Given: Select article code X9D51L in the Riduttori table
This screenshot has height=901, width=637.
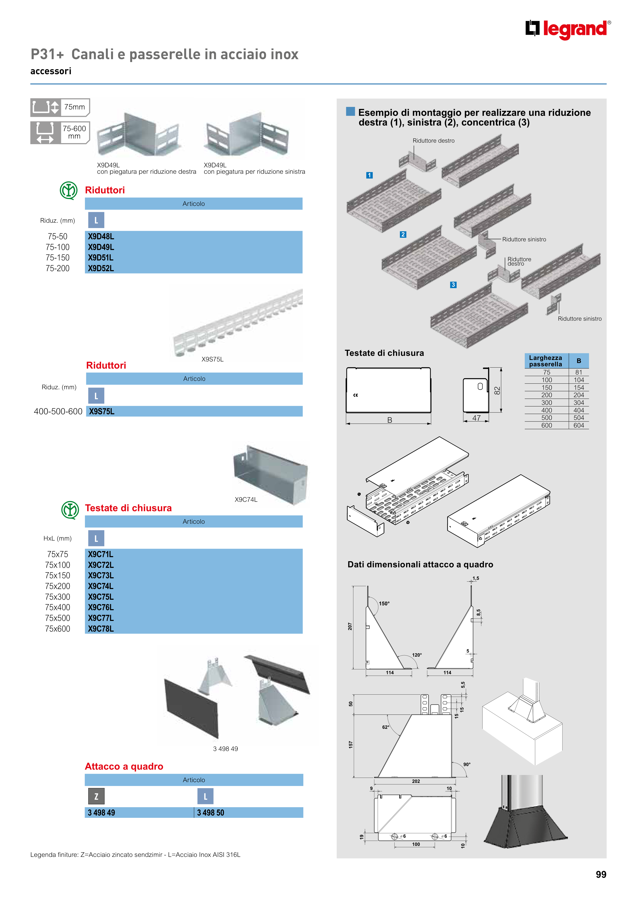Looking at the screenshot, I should point(101,258).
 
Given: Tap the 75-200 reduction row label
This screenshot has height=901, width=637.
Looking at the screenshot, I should point(57,268).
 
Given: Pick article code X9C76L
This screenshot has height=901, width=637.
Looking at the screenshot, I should point(101,607).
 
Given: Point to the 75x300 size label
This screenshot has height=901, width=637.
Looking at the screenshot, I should point(57,597).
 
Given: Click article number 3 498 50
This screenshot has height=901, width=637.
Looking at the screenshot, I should point(210,813).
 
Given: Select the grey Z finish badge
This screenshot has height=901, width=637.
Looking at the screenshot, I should point(96,796).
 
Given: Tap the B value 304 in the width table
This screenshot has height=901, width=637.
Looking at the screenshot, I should point(579,403).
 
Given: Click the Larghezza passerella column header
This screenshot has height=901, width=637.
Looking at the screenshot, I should point(546,361).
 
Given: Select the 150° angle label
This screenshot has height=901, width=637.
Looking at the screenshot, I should point(384,604).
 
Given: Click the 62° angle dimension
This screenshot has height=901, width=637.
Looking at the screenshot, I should point(385,727).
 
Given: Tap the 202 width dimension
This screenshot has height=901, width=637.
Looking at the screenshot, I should point(416,781).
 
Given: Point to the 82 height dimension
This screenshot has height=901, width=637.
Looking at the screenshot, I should point(497,391).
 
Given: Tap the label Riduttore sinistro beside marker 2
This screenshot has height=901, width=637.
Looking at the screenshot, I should point(524,239).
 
